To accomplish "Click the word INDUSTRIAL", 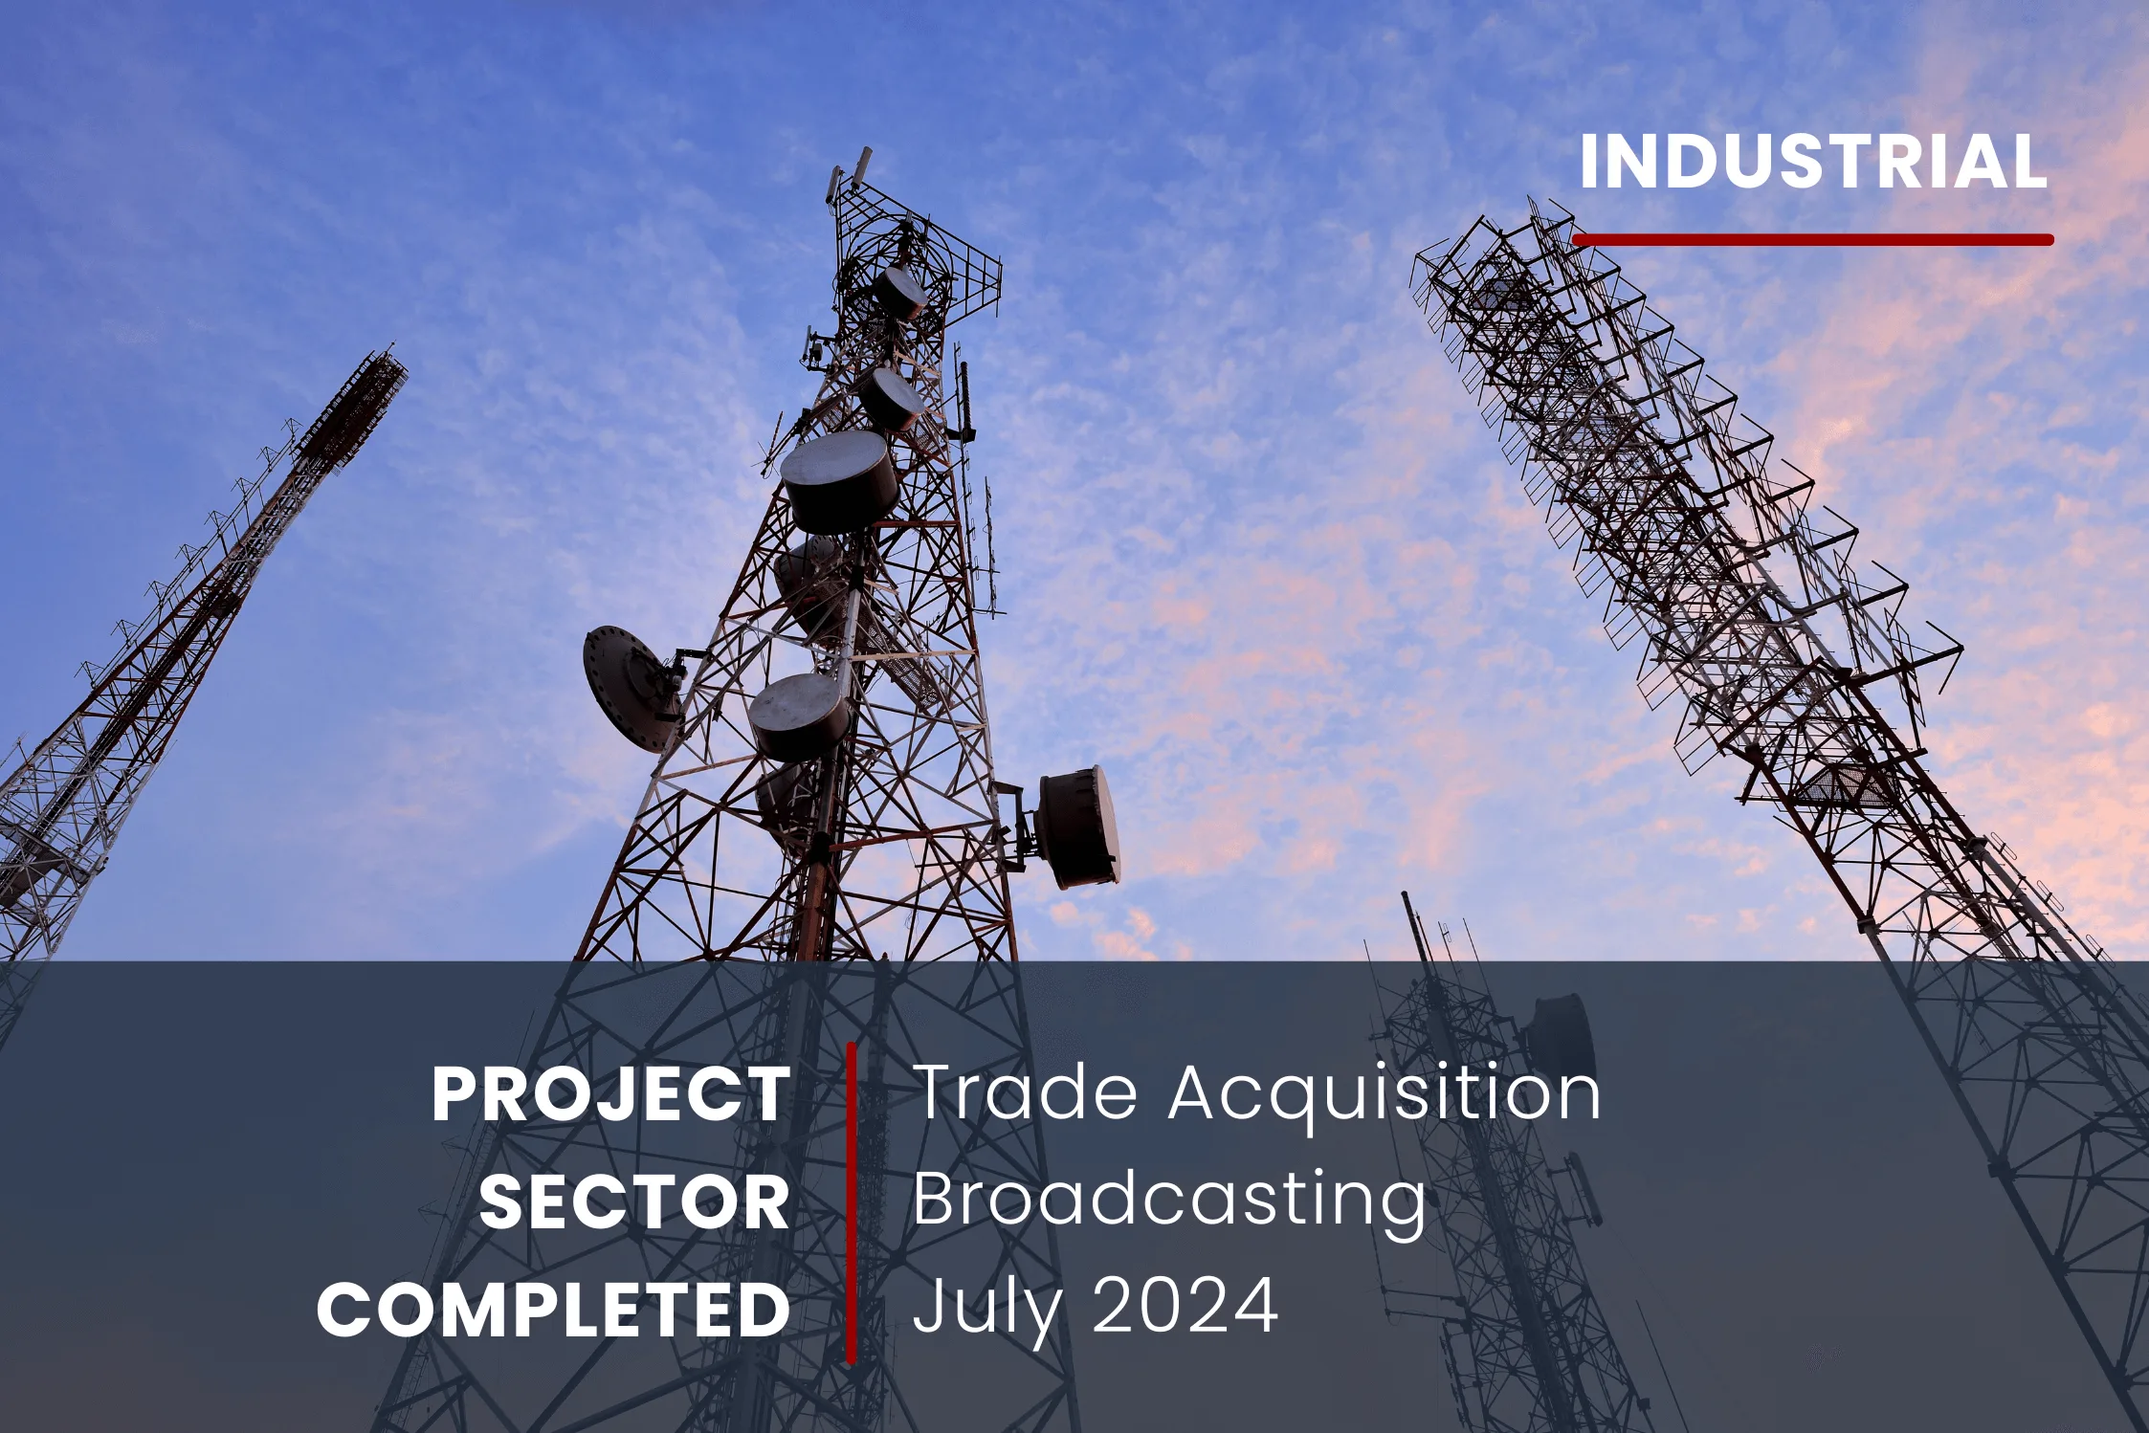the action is tap(1813, 161).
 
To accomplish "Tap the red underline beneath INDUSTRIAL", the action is tap(1813, 239).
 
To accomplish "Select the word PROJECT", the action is tap(611, 1093).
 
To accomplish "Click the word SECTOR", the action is tap(634, 1202).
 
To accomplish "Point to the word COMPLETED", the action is tap(554, 1310).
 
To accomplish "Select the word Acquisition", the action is tap(1385, 1093).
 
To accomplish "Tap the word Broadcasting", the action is tap(1169, 1202).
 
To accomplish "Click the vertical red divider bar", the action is tap(851, 1202).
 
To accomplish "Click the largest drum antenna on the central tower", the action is tap(839, 481).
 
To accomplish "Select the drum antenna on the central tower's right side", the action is tap(1078, 827).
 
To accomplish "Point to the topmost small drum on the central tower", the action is tap(899, 291).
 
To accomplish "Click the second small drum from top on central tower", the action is tap(889, 399).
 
